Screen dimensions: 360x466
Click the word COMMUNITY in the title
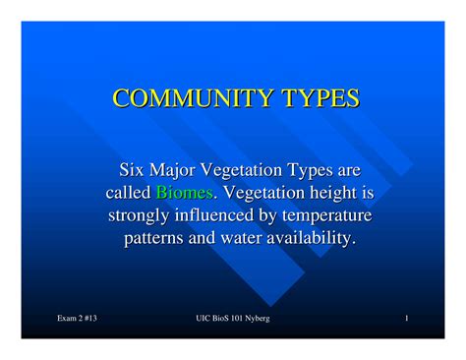tap(180, 98)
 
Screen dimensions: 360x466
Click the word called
tap(127, 193)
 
